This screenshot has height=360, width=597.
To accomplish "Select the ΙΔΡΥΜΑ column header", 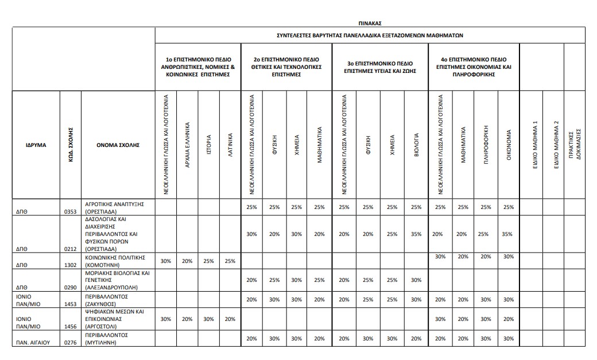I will (x=36, y=145).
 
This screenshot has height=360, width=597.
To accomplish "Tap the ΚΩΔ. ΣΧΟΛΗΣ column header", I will (x=71, y=145).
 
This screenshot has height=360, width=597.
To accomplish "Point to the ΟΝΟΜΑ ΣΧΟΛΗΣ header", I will (x=118, y=145).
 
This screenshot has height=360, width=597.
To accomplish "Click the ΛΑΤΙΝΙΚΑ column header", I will (x=230, y=145).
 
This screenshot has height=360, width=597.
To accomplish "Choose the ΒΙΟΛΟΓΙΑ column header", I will (x=417, y=145).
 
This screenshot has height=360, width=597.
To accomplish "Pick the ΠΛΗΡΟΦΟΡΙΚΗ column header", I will (x=486, y=145).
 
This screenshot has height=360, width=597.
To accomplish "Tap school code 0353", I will (x=71, y=211).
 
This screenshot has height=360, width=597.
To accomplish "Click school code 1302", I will (x=71, y=266).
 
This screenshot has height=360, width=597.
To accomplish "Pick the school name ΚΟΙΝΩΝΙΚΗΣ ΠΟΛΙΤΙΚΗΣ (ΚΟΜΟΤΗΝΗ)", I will (x=114, y=261).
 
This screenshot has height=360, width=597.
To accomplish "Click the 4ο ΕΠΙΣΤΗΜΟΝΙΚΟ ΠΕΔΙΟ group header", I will (x=474, y=67).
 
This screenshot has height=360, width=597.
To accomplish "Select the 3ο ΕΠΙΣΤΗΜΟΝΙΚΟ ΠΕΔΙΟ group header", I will (x=380, y=67).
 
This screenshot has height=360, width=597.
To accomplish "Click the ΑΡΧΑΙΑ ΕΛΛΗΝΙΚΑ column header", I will (x=188, y=145).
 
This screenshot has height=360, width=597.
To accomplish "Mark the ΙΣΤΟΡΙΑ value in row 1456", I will (x=209, y=319).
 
